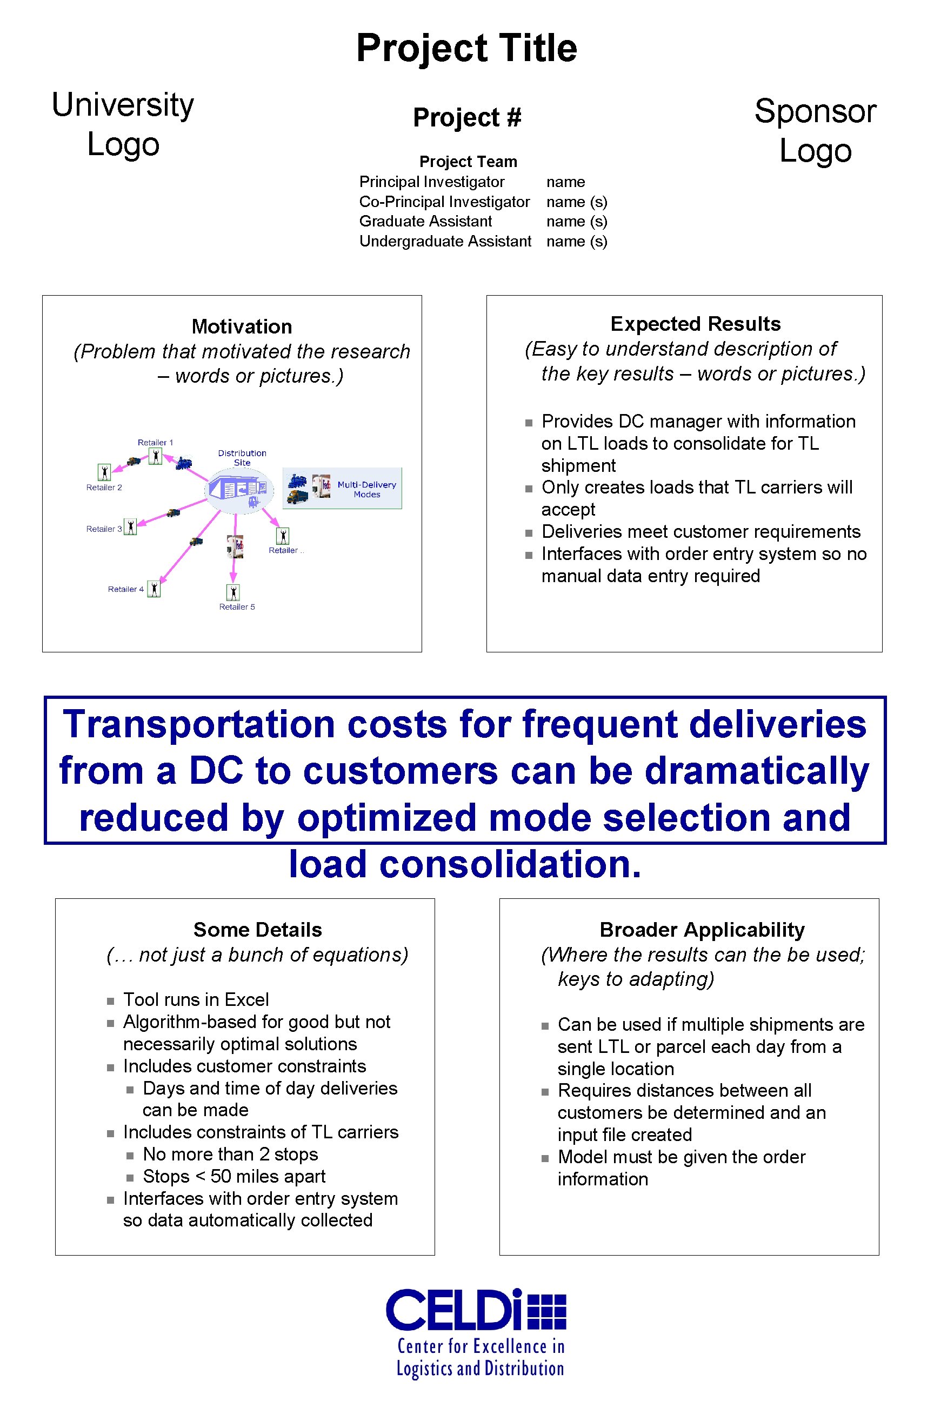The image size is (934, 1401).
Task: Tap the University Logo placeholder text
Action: pyautogui.click(x=123, y=124)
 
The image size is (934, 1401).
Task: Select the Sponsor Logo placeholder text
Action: pyautogui.click(x=815, y=130)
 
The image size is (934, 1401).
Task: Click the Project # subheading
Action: pyautogui.click(x=467, y=117)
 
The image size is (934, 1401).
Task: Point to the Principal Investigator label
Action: pyautogui.click(x=431, y=182)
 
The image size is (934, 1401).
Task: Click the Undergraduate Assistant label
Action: pyautogui.click(x=445, y=241)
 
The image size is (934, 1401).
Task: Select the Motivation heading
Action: pyautogui.click(x=242, y=326)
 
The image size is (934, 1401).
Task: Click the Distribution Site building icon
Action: pyautogui.click(x=239, y=490)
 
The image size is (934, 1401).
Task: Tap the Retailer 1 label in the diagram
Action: pyautogui.click(x=155, y=443)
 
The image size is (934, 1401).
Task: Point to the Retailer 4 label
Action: pyautogui.click(x=125, y=589)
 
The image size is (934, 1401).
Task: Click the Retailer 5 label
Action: pyautogui.click(x=237, y=607)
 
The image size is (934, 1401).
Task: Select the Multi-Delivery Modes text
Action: pyautogui.click(x=366, y=489)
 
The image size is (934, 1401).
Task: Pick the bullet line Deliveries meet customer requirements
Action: pyautogui.click(x=700, y=531)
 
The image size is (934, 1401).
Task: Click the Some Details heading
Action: pyautogui.click(x=257, y=929)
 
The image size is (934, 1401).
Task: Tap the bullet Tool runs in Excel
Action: pyautogui.click(x=196, y=999)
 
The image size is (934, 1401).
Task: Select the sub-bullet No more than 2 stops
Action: pyautogui.click(x=230, y=1154)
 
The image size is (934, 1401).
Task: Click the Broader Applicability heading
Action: pyautogui.click(x=702, y=929)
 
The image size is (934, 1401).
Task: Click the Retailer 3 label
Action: pyautogui.click(x=104, y=529)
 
